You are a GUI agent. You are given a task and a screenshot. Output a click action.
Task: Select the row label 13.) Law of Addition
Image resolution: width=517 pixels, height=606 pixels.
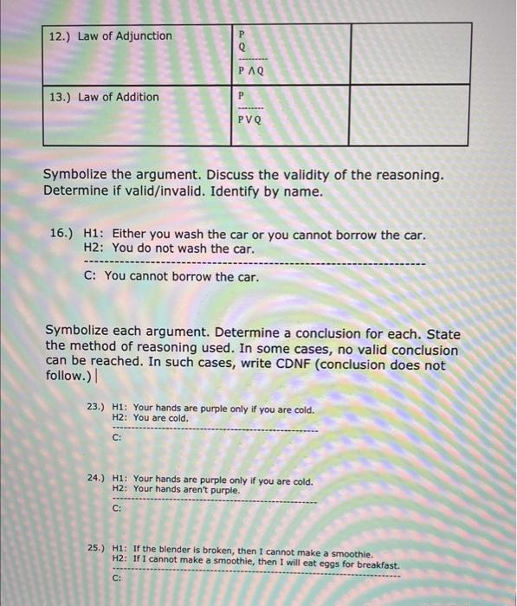coord(104,97)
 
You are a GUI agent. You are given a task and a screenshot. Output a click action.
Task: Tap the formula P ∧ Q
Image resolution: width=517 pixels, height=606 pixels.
coord(249,71)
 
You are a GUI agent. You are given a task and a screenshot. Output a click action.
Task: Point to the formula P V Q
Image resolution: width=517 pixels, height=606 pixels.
coord(249,122)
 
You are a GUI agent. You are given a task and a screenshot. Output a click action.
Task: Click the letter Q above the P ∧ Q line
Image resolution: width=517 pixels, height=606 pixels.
coord(242,48)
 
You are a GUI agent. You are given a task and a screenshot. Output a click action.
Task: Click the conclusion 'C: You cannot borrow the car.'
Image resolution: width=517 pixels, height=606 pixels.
coord(171,277)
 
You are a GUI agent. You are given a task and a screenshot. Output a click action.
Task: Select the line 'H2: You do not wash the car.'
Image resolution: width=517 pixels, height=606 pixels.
coord(169,248)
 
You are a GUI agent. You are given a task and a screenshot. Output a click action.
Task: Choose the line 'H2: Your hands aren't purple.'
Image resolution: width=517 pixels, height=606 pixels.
coord(175,489)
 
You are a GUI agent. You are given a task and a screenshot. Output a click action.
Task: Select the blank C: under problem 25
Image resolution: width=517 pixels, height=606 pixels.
coord(117,578)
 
